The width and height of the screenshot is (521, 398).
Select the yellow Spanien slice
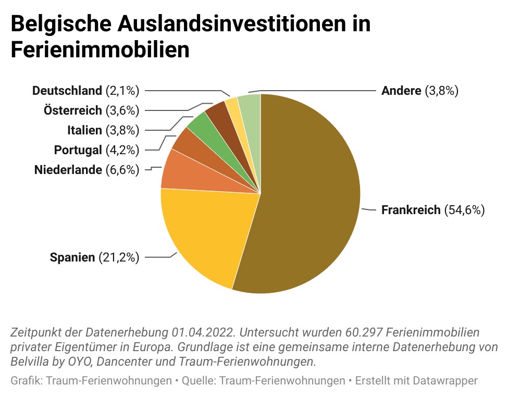(203, 234)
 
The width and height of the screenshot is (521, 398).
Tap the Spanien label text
(72, 257)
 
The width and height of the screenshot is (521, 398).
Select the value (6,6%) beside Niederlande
(122, 170)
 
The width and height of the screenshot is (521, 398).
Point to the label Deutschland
(67, 91)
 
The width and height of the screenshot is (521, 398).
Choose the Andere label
(401, 91)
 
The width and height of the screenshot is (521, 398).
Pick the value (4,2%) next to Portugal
(122, 150)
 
